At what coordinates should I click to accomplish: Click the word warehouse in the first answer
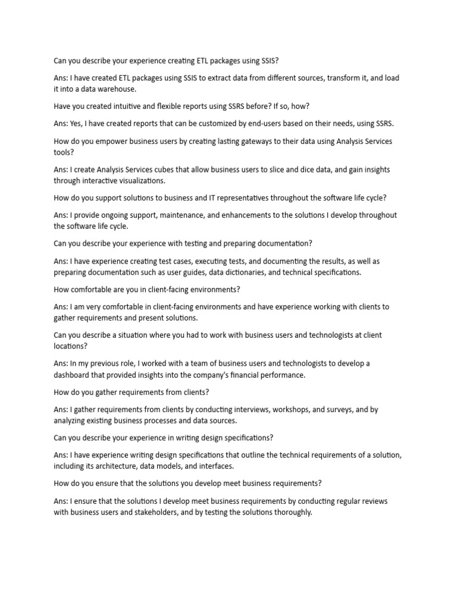(117, 89)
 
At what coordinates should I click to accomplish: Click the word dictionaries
(259, 272)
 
